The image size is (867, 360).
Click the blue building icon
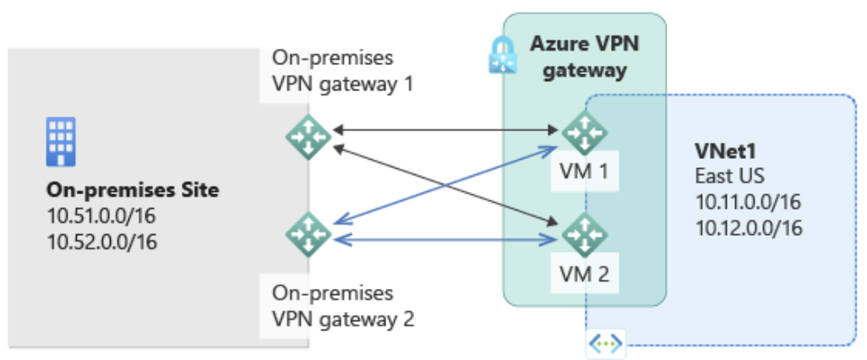pos(61,139)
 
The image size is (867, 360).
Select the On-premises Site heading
pos(133,190)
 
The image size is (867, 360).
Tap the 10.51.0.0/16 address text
pos(101,216)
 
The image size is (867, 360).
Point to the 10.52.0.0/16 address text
pos(101,243)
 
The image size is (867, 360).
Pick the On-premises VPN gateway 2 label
pos(342,307)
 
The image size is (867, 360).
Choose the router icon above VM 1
pos(585,131)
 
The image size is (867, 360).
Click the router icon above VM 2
pos(585,234)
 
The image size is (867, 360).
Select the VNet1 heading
pos(722,151)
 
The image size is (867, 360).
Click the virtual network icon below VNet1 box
pos(605,344)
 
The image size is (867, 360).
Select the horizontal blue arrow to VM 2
pos(439,242)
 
